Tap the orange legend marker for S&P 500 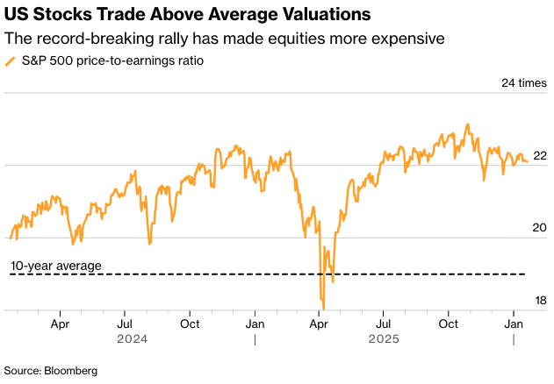(x=10, y=60)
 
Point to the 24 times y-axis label (x=523, y=83)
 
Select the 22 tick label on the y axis (x=540, y=155)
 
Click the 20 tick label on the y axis (x=540, y=228)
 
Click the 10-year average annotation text (x=56, y=266)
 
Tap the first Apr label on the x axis (x=61, y=323)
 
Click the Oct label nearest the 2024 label (x=189, y=323)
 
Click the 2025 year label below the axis (x=384, y=338)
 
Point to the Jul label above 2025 (x=384, y=323)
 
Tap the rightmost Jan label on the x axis (x=514, y=323)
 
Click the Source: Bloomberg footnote (x=51, y=371)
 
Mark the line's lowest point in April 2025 (x=324, y=309)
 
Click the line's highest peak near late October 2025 (x=468, y=124)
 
